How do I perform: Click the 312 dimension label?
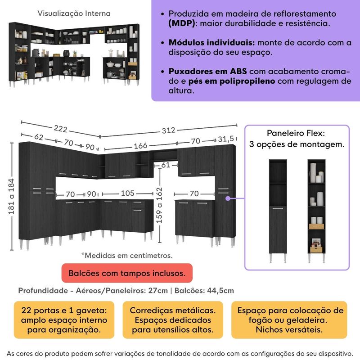coord(168,130)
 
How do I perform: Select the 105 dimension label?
coord(127,193)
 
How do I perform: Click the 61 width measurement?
coord(166,165)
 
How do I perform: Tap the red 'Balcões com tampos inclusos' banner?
coord(126,273)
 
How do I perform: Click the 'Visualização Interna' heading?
coord(73,14)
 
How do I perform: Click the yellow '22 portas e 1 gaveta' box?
coord(64,320)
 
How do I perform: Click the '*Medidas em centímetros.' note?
coord(126,255)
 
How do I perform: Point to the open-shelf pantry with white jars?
coord(318,209)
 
